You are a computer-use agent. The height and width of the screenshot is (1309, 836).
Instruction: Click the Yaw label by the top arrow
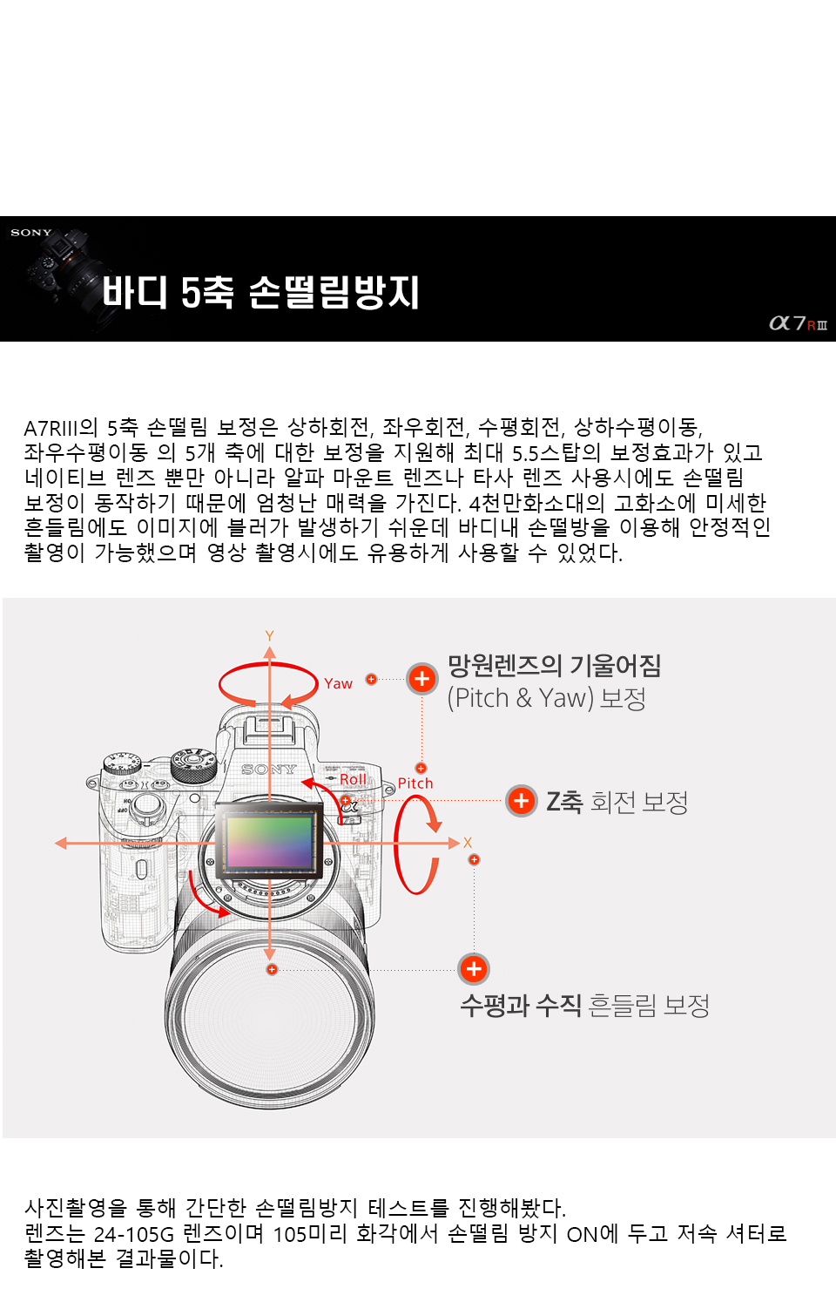(x=338, y=683)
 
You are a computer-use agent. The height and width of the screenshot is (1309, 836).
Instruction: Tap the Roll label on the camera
(x=354, y=779)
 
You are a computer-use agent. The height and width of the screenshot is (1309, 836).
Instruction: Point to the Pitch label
(x=415, y=783)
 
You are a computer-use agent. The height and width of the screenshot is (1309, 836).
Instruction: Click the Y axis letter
(x=269, y=635)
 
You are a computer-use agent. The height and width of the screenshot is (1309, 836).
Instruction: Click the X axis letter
(x=467, y=843)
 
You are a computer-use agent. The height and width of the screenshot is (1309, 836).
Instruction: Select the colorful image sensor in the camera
(x=269, y=841)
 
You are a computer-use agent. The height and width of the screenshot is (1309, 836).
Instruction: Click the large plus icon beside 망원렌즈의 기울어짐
(x=422, y=679)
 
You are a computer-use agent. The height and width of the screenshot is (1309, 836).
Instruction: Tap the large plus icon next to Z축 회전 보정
(x=522, y=801)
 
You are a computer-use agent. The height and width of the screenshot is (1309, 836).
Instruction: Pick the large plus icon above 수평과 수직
(x=474, y=969)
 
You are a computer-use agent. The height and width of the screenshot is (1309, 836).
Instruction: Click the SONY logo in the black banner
(x=31, y=233)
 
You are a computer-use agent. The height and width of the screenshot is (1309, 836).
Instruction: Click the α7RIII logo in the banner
(x=798, y=323)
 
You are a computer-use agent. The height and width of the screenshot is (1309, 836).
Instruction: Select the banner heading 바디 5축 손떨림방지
(x=260, y=292)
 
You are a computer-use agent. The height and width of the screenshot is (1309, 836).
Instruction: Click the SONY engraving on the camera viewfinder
(x=269, y=769)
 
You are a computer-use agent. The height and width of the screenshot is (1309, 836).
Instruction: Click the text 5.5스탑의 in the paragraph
(x=556, y=453)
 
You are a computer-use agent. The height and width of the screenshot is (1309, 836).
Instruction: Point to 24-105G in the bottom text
(x=134, y=1233)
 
